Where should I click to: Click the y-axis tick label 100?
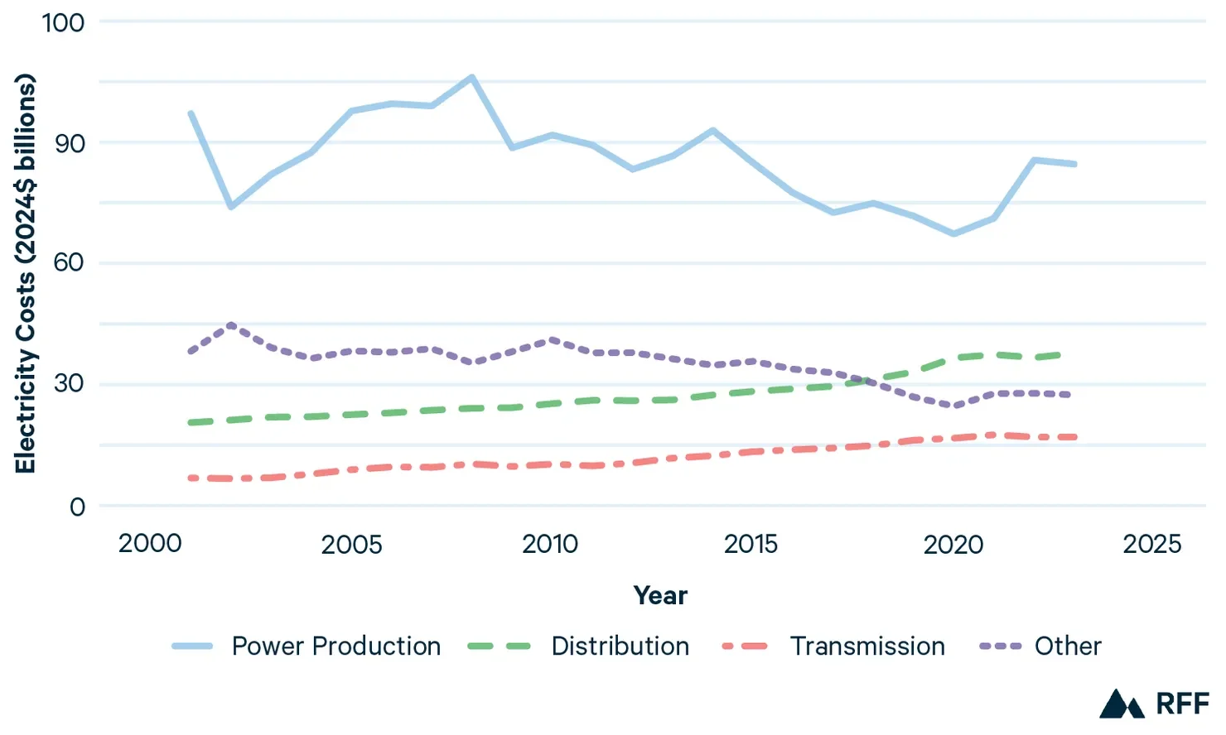click(x=64, y=22)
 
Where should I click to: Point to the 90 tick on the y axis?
click(x=70, y=143)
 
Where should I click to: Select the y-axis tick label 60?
click(x=70, y=263)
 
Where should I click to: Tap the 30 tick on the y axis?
click(x=70, y=384)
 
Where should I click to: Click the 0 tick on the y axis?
click(x=77, y=507)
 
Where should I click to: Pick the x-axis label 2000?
click(x=150, y=544)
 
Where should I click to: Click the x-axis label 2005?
click(x=351, y=544)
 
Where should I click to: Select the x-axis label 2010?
click(x=550, y=544)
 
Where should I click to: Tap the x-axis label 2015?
click(x=751, y=544)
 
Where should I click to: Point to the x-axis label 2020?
click(x=953, y=544)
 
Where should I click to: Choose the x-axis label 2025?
click(x=1151, y=544)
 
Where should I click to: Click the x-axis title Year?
click(x=660, y=595)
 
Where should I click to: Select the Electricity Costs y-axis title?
click(x=26, y=273)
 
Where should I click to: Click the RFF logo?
click(x=1154, y=704)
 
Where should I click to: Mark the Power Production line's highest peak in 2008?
click(x=472, y=77)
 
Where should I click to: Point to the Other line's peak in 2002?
click(x=231, y=324)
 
